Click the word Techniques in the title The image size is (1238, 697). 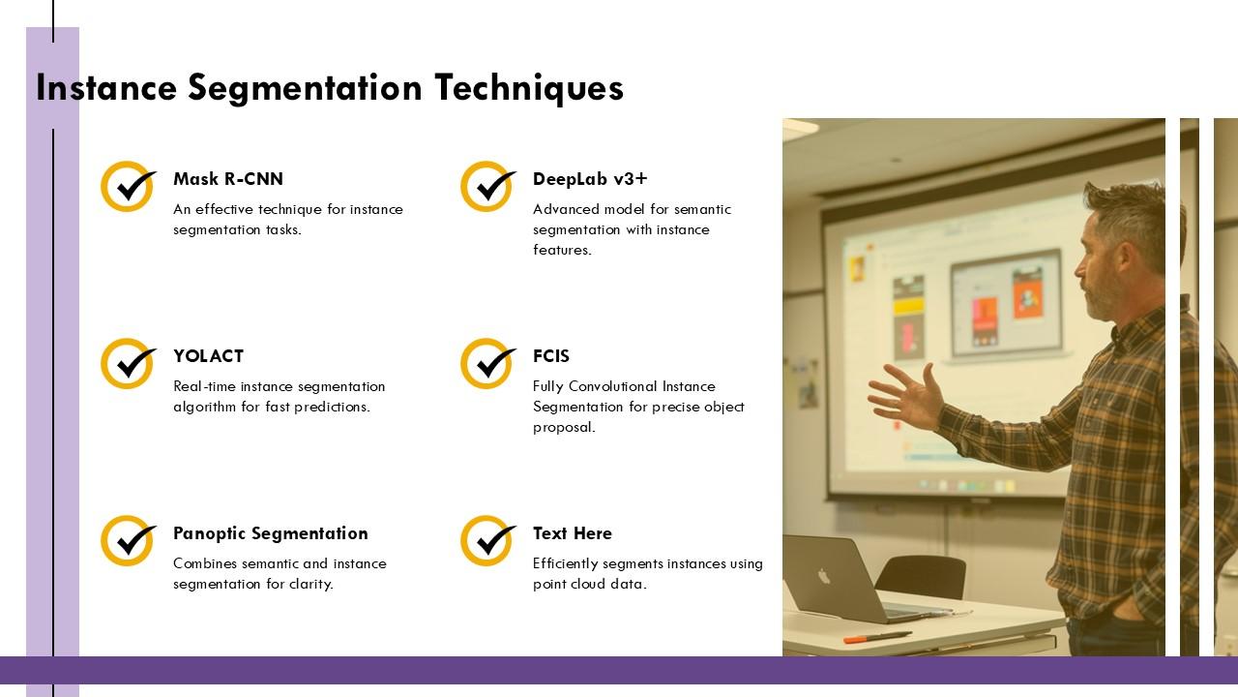pos(529,88)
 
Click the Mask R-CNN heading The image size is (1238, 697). pos(228,179)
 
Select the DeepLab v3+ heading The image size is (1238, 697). pos(590,179)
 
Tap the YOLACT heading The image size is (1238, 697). pos(208,356)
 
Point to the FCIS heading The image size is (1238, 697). pos(551,356)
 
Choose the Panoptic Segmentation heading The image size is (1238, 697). pos(271,533)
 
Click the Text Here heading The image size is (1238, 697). pos(573,533)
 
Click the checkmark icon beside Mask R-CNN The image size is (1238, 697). pos(129,187)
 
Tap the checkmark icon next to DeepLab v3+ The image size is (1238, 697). pos(488,187)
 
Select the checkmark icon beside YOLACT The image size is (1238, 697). pos(129,363)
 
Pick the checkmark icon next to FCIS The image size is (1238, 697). pos(488,363)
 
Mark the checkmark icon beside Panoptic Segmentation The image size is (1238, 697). pos(129,541)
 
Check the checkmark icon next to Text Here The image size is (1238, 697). pos(488,541)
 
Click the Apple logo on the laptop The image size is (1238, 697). pos(823,576)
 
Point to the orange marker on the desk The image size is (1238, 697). pos(877,637)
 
